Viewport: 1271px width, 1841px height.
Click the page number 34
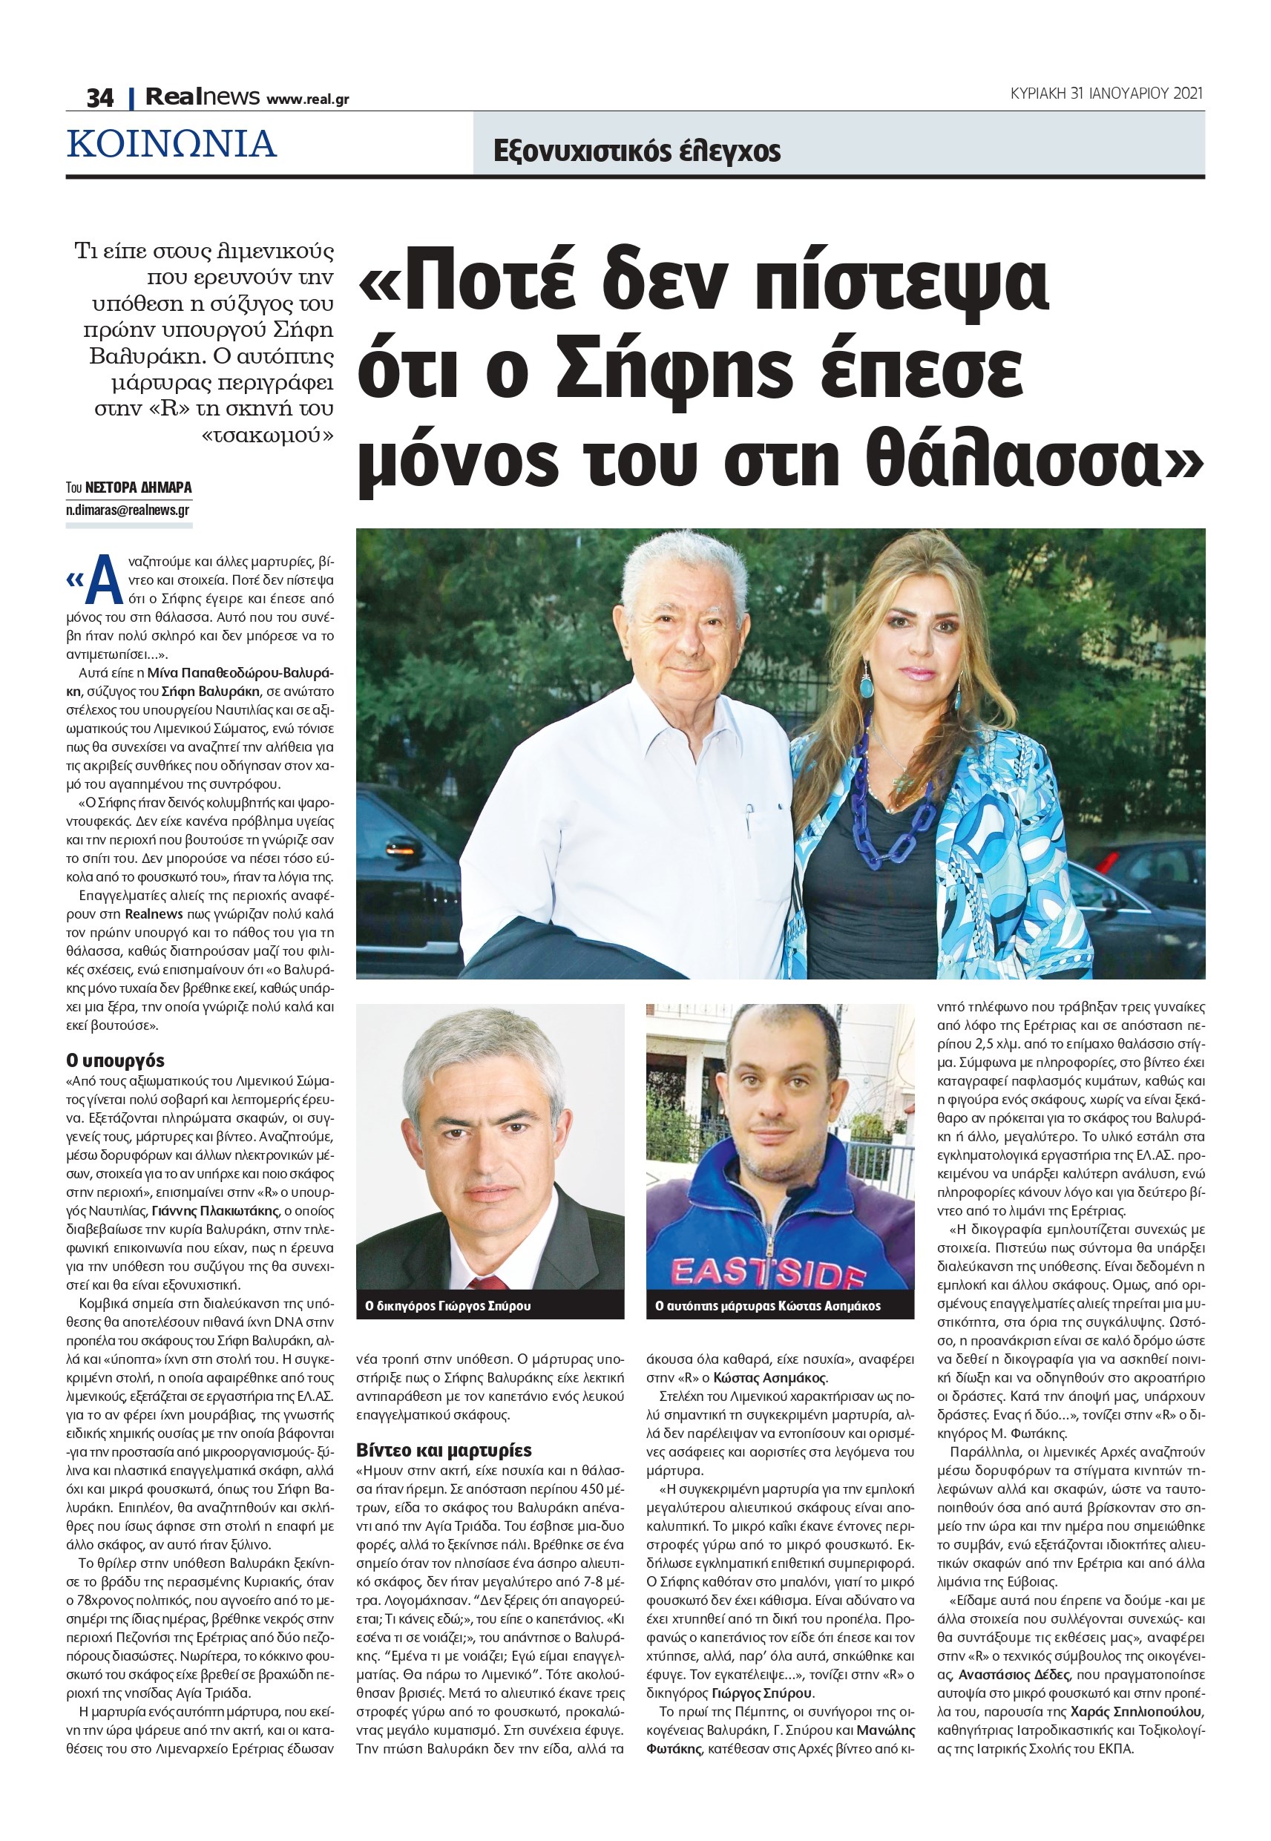(99, 98)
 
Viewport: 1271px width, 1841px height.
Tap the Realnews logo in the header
(203, 97)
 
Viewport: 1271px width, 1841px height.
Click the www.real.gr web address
(307, 99)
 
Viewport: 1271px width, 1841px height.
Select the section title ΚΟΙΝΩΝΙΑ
(172, 144)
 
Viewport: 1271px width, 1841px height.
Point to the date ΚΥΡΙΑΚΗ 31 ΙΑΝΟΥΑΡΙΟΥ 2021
(1106, 93)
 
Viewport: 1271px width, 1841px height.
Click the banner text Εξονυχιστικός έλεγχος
(637, 151)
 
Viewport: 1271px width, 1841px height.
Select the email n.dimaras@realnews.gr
(128, 511)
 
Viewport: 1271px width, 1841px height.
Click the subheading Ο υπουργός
(115, 1060)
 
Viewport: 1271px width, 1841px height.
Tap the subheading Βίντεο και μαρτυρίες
(444, 1449)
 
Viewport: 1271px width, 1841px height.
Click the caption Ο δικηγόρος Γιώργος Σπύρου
(447, 1306)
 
